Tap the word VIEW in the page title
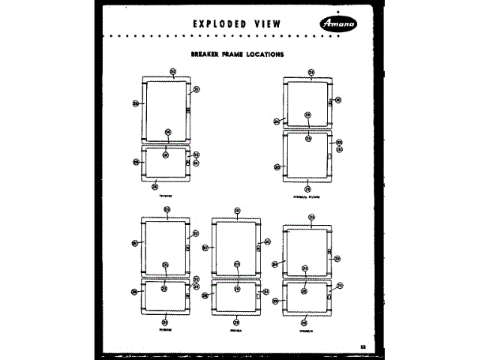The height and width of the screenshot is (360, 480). (x=267, y=23)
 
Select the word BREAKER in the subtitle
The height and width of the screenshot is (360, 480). (x=207, y=54)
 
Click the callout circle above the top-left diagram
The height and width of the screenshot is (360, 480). (x=173, y=72)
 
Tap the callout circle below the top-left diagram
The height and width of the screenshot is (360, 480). (x=155, y=186)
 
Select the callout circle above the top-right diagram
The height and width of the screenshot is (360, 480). (x=310, y=73)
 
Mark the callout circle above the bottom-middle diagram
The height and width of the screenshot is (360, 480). (x=237, y=211)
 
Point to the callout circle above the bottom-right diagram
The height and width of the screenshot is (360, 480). (x=310, y=217)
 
